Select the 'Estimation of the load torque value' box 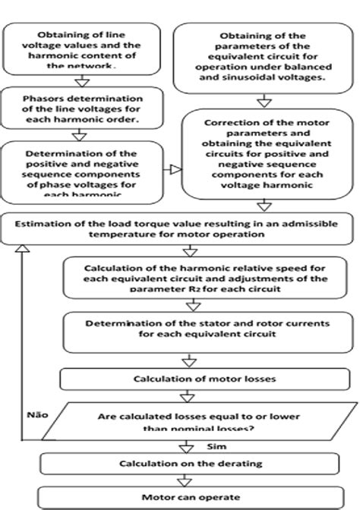pos(180,228)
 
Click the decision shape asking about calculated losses pos(186,421)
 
